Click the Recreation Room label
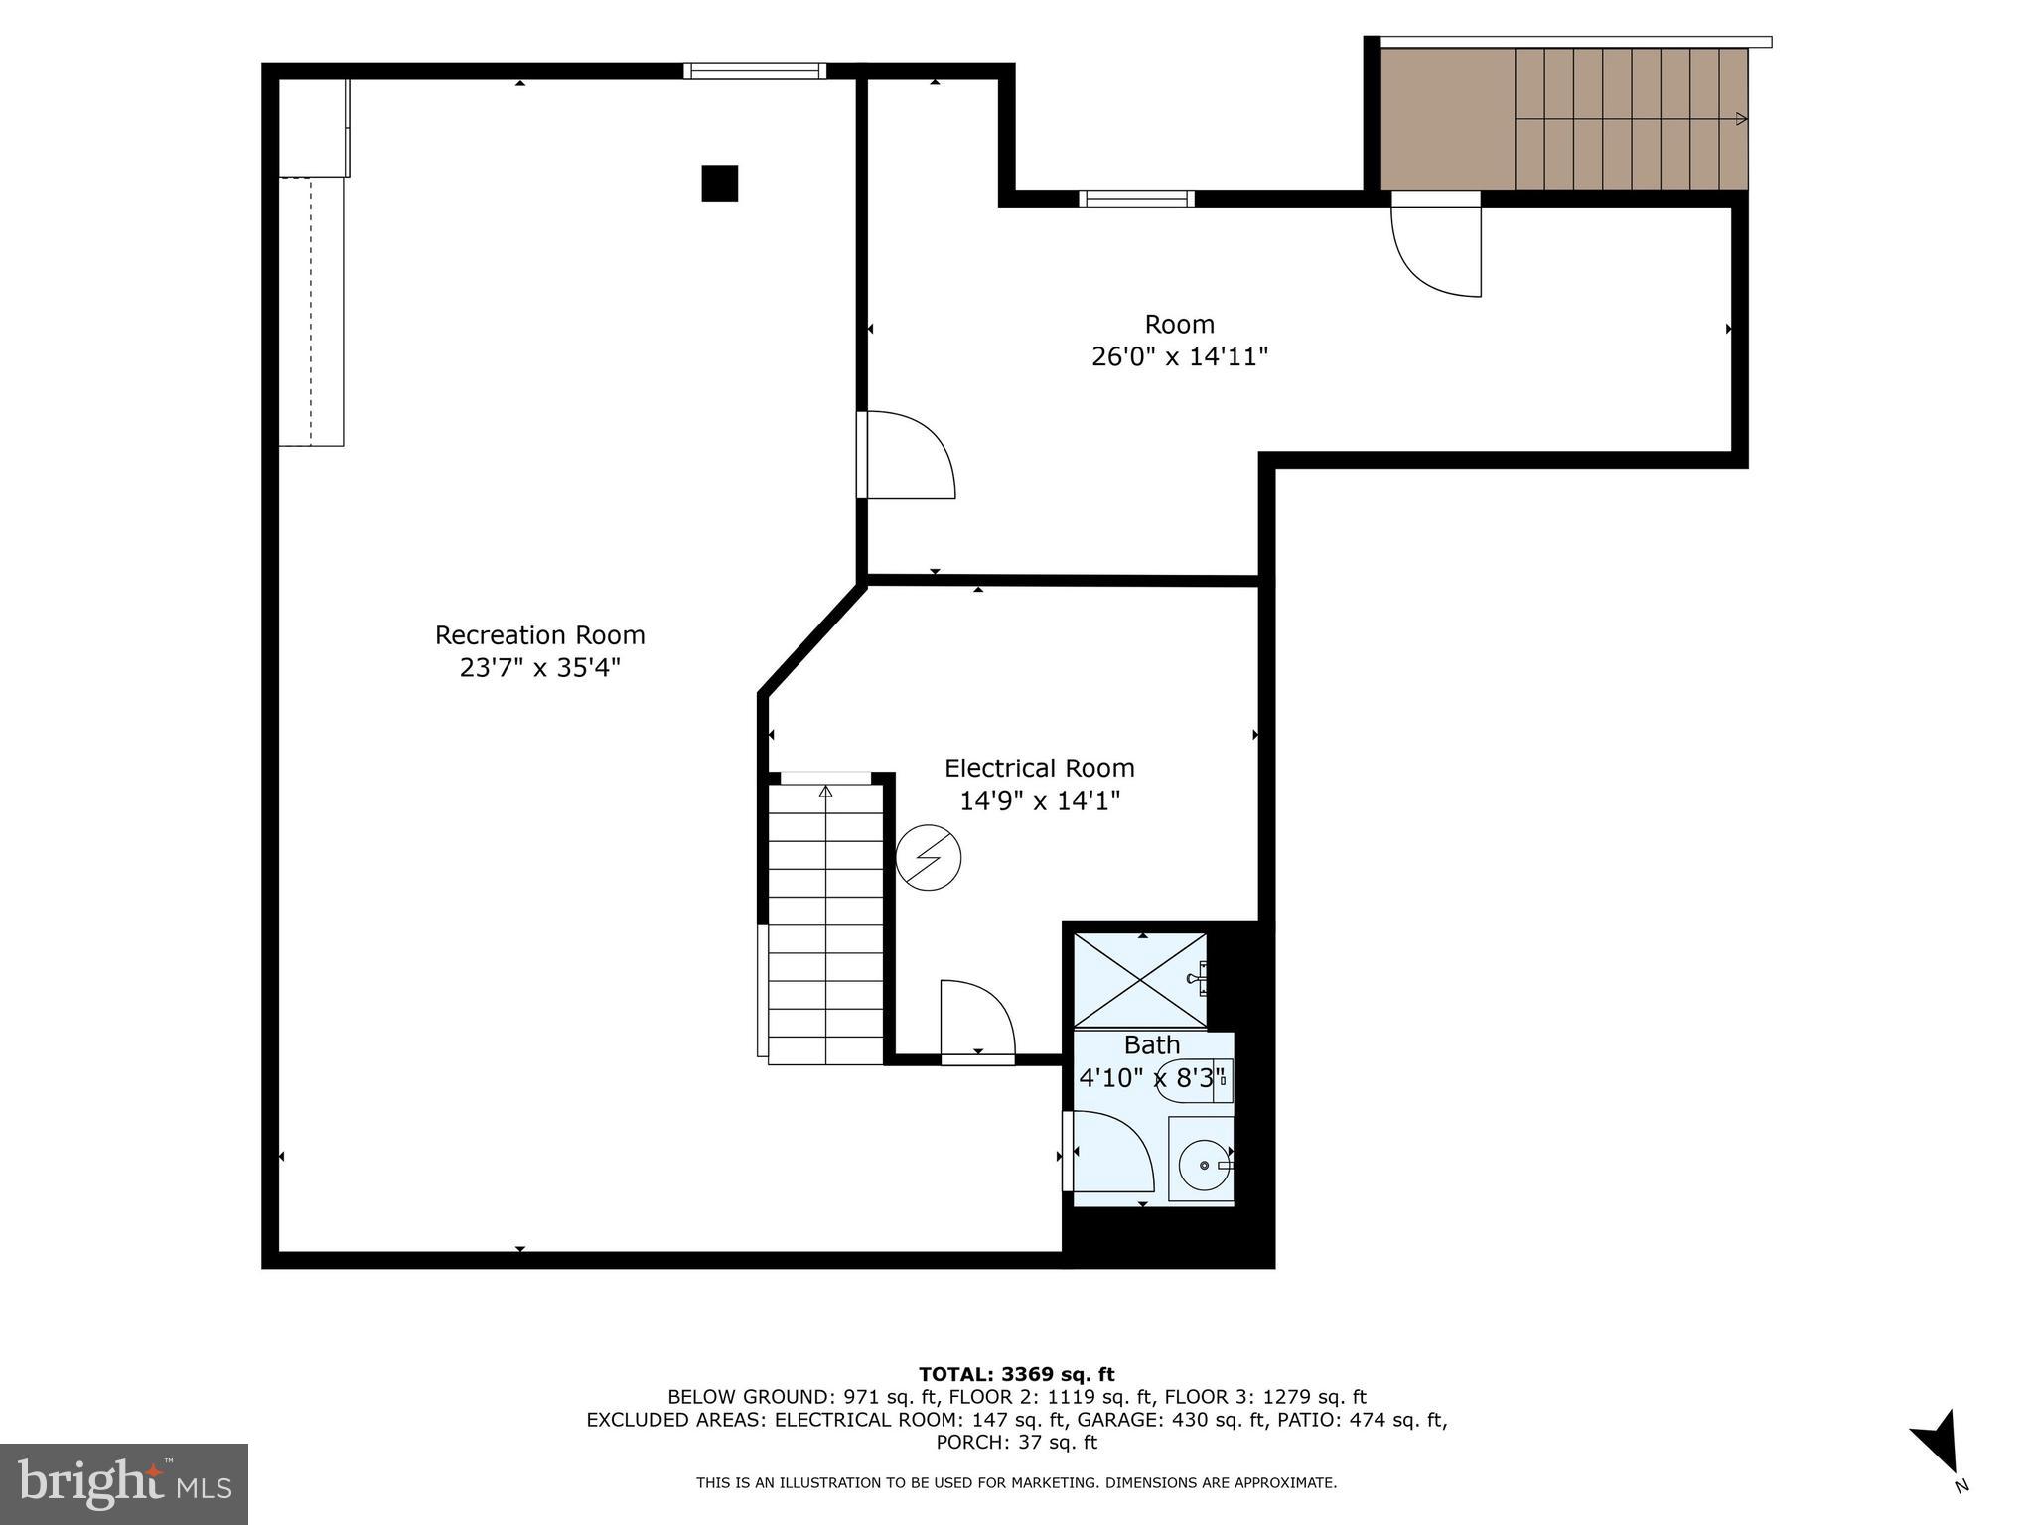pyautogui.click(x=539, y=635)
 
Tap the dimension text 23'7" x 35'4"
pyautogui.click(x=539, y=667)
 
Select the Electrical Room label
pyautogui.click(x=1039, y=768)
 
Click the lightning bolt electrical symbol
pyautogui.click(x=929, y=858)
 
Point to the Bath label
pyautogui.click(x=1152, y=1045)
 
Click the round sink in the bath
pyautogui.click(x=1203, y=1163)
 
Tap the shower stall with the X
pyautogui.click(x=1140, y=980)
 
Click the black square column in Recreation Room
pyautogui.click(x=719, y=184)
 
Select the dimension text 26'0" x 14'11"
pyautogui.click(x=1179, y=356)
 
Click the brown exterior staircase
pyautogui.click(x=1563, y=119)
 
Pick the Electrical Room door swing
pyautogui.click(x=977, y=1020)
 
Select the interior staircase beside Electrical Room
pyautogui.click(x=825, y=923)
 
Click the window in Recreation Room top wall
pyautogui.click(x=755, y=70)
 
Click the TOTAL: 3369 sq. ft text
pyautogui.click(x=1016, y=1374)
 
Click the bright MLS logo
pyautogui.click(x=123, y=1483)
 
